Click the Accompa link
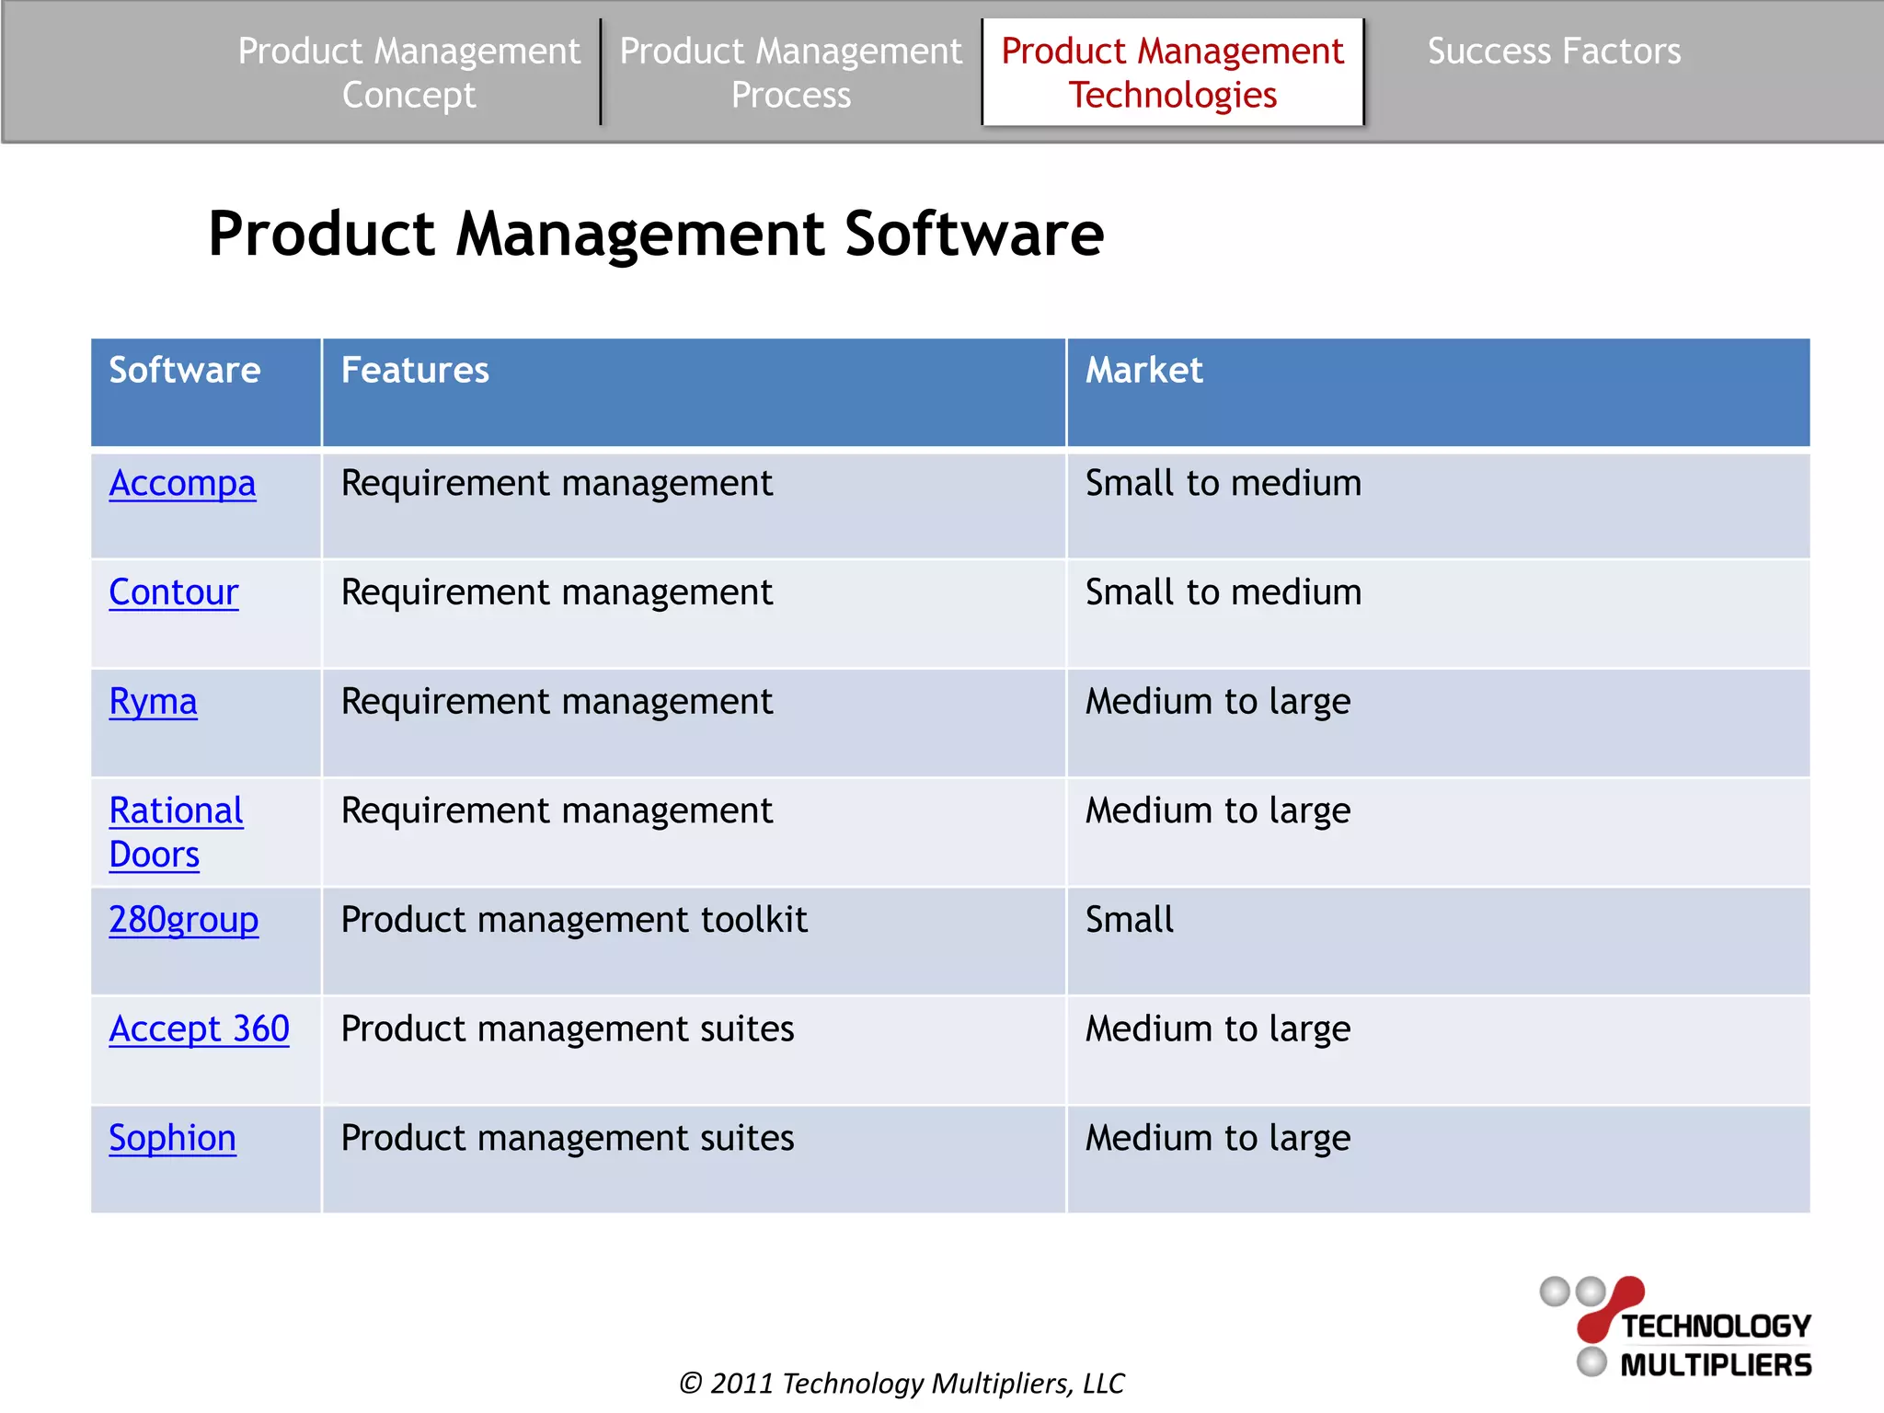(182, 483)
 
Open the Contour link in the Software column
(173, 592)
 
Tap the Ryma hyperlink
(153, 702)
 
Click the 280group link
(183, 920)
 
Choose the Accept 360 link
(199, 1028)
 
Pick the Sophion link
(172, 1138)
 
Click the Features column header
(415, 371)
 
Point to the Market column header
(1143, 371)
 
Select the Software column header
(185, 371)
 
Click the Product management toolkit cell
(574, 920)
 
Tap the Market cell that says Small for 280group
(1129, 920)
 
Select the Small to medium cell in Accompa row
(1223, 483)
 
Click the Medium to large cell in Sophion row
(1217, 1138)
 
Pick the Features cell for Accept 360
(567, 1028)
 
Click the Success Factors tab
(1554, 52)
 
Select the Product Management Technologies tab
(1172, 73)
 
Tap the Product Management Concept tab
(408, 73)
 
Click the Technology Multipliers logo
(1676, 1327)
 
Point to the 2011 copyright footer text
(901, 1383)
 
